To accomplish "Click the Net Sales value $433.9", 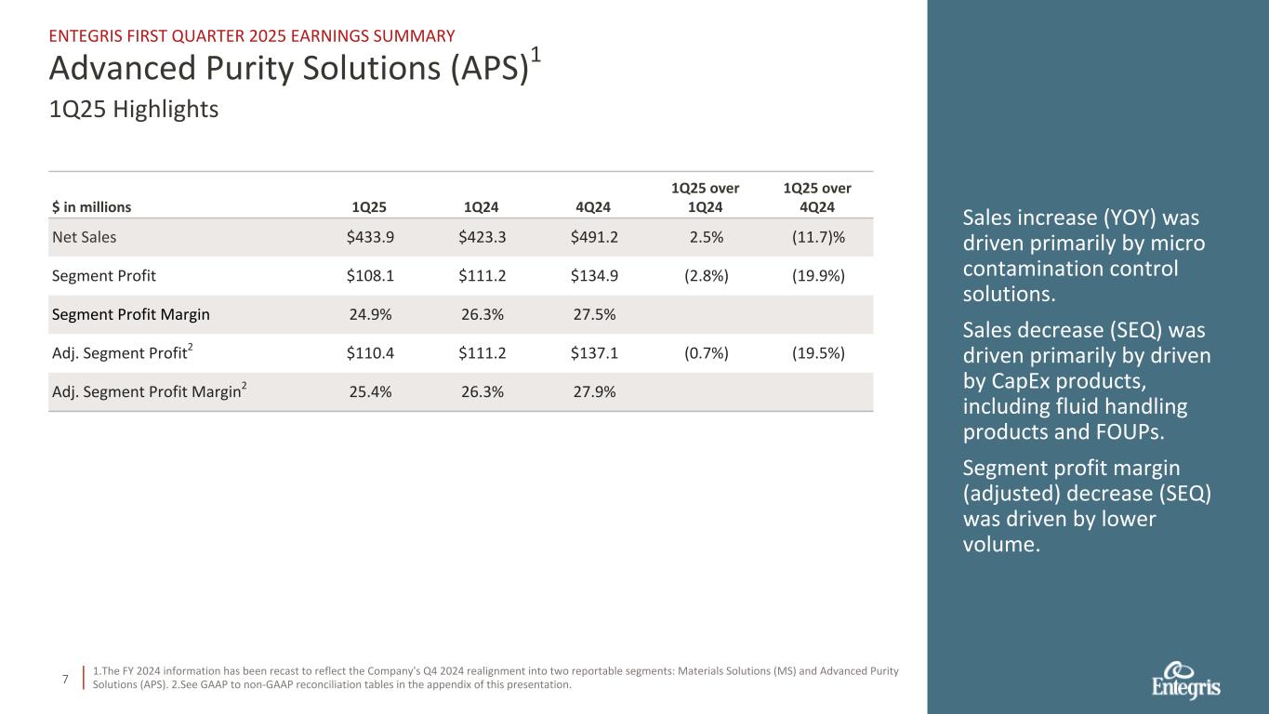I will point(370,237).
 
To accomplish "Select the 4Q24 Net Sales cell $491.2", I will point(594,237).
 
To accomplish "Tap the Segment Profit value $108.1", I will point(370,276).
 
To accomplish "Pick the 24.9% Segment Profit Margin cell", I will point(370,314).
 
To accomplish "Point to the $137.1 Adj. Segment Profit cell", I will point(594,353).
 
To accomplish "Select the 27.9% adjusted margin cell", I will point(594,391).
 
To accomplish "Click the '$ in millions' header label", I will point(91,207).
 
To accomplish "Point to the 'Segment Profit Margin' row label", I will point(130,314).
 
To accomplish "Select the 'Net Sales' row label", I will point(84,237).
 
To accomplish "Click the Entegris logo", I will point(1185,681).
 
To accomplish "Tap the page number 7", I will point(64,680).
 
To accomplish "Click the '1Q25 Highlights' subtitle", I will point(133,110).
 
